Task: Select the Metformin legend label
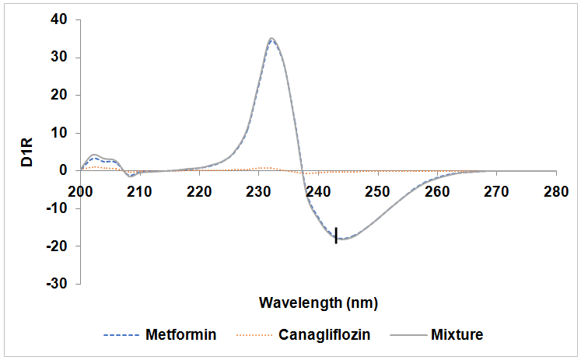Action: tap(180, 336)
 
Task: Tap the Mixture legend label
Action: tap(457, 336)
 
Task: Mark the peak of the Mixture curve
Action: tap(271, 38)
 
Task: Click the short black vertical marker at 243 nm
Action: tap(336, 235)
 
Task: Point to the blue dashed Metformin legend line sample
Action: tap(121, 336)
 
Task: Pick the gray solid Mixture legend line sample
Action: tap(406, 336)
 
